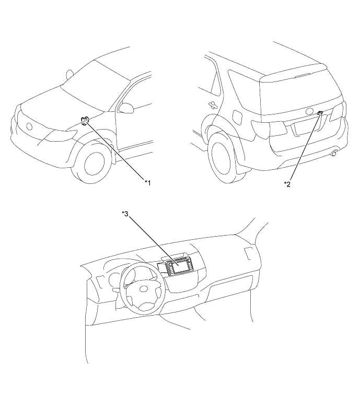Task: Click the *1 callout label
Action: click(148, 183)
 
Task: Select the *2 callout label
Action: click(287, 184)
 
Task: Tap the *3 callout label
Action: click(125, 214)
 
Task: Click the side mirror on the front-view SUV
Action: click(126, 108)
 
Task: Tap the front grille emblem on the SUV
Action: click(29, 126)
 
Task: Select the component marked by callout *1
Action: click(85, 120)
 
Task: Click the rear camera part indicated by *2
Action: click(320, 113)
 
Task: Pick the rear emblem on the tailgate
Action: click(309, 111)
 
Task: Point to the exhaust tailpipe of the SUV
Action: click(334, 153)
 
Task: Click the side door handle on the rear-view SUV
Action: click(213, 104)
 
